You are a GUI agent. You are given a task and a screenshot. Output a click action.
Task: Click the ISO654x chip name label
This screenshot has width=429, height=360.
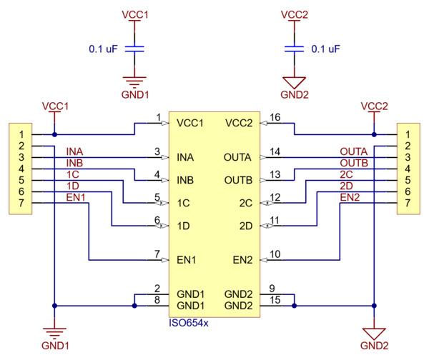[x=189, y=323]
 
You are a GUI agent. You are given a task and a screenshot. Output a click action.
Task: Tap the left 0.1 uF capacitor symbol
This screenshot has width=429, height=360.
[x=134, y=49]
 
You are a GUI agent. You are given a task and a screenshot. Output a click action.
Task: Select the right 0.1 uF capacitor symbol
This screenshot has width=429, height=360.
[x=294, y=49]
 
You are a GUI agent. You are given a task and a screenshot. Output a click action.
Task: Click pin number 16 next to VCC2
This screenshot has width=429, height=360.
[x=275, y=117]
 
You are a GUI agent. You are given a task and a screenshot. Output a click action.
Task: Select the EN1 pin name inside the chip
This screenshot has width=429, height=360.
[x=187, y=260]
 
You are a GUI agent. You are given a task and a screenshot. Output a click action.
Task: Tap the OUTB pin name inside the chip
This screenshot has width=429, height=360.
[x=238, y=180]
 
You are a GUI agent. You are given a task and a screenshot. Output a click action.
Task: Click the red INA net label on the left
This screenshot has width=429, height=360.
[x=74, y=151]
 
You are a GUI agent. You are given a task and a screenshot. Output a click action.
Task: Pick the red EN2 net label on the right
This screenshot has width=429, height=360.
[x=350, y=197]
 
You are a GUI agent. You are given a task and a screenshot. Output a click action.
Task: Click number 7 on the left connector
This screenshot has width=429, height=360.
[x=21, y=203]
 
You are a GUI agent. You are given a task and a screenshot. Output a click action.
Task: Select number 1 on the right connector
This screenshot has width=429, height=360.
[x=408, y=134]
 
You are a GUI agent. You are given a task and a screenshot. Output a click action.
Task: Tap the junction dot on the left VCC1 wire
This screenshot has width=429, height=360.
[x=55, y=134]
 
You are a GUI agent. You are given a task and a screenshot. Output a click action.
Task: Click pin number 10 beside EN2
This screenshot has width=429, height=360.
[x=275, y=254]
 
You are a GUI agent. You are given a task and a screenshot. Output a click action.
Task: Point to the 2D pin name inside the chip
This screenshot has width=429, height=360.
[x=246, y=226]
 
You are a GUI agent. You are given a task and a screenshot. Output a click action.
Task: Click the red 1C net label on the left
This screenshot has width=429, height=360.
[x=73, y=174]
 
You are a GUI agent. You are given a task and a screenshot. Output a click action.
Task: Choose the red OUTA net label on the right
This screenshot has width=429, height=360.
[x=353, y=151]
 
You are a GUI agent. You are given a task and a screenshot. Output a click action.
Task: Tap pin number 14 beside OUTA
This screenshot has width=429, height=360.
[x=275, y=151]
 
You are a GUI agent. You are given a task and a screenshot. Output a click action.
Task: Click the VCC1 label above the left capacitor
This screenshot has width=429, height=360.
[x=135, y=15]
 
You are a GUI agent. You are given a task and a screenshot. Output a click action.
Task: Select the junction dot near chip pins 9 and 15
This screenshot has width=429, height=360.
[x=294, y=306]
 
